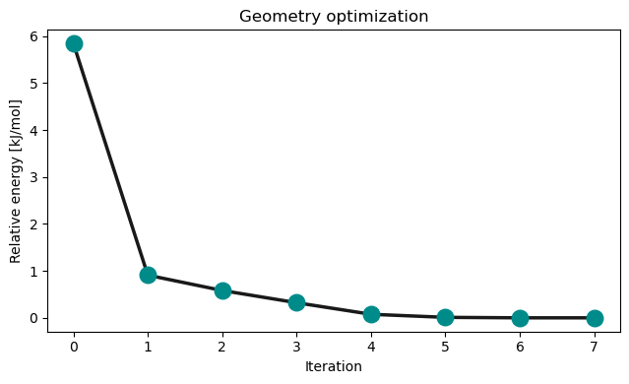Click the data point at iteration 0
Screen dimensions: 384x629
tap(74, 43)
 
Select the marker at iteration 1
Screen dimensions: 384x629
tap(148, 275)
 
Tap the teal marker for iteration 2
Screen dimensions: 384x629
tap(222, 290)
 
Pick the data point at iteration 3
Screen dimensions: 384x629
tap(296, 302)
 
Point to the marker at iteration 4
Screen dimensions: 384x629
tap(371, 314)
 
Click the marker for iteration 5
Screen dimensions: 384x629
tap(445, 317)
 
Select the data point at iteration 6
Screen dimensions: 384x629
tap(520, 318)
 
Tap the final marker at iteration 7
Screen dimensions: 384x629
tap(595, 318)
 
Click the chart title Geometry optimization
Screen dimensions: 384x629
tap(334, 16)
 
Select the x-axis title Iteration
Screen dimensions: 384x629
tap(334, 366)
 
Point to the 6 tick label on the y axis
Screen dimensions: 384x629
tap(33, 36)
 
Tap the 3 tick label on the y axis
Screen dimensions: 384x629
tap(33, 177)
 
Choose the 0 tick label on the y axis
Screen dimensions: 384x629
tap(33, 318)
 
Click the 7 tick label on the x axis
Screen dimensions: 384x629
tap(595, 347)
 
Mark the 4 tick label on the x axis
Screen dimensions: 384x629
tap(371, 347)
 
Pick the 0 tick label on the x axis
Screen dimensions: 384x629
tap(74, 347)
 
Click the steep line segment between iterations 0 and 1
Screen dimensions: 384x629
tap(110, 159)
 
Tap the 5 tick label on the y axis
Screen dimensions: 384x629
tap(33, 84)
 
